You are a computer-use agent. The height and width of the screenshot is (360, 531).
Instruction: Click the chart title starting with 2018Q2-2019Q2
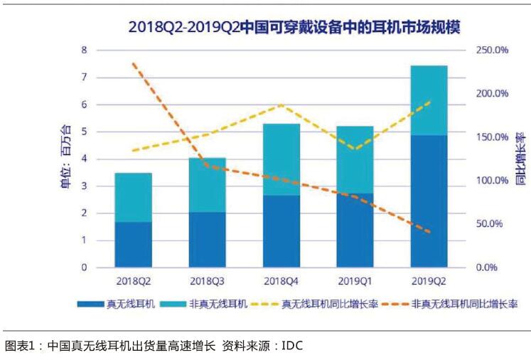(x=294, y=28)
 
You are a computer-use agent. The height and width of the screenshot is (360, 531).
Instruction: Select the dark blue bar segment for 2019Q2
(x=429, y=201)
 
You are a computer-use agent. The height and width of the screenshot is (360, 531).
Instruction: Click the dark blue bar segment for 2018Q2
(x=133, y=245)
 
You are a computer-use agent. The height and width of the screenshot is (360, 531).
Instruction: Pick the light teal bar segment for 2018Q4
(x=281, y=159)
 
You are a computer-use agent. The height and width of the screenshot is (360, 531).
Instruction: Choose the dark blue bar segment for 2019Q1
(x=355, y=231)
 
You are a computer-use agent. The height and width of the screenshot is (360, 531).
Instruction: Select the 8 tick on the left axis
(x=84, y=51)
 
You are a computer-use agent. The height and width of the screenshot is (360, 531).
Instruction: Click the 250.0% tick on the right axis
(x=491, y=51)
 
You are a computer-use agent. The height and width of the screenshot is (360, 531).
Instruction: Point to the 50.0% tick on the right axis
(x=490, y=224)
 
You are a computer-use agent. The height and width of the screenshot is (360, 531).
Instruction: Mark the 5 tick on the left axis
(x=84, y=132)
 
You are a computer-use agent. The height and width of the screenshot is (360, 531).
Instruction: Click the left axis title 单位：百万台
(x=65, y=158)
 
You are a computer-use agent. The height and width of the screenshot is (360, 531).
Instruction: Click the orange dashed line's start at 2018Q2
(x=134, y=63)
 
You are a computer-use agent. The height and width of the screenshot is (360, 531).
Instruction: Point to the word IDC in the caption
(x=292, y=346)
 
